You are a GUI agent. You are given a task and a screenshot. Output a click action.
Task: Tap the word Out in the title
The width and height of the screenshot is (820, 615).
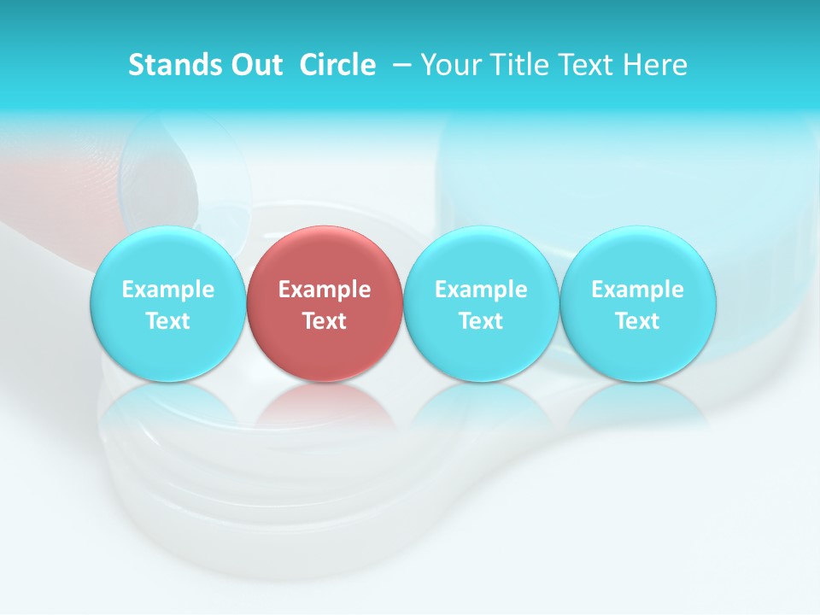point(254,65)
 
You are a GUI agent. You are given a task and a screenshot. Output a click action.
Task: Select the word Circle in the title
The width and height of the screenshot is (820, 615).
point(337,65)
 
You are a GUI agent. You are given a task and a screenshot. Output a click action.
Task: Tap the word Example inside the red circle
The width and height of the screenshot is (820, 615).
point(325,290)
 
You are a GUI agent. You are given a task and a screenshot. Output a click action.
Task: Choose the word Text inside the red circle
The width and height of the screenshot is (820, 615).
point(325,321)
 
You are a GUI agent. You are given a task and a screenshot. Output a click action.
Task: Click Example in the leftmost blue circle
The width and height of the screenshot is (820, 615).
point(167,290)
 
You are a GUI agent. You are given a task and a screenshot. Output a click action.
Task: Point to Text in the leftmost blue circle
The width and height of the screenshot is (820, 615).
point(167,321)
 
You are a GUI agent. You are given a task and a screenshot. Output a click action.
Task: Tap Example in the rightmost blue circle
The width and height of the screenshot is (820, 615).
point(638,290)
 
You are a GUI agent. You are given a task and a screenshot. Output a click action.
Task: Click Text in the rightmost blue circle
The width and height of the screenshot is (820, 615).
point(638,321)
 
